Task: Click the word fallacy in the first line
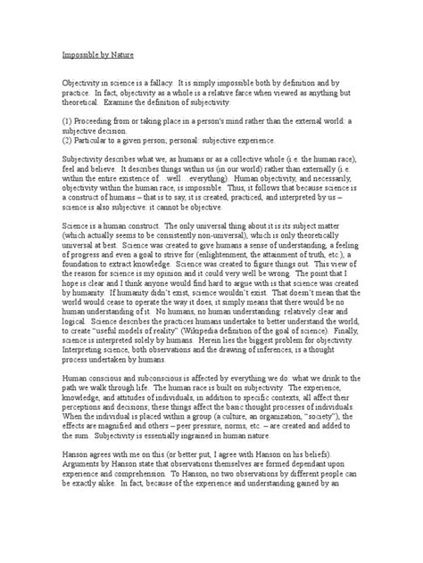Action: coord(164,80)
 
